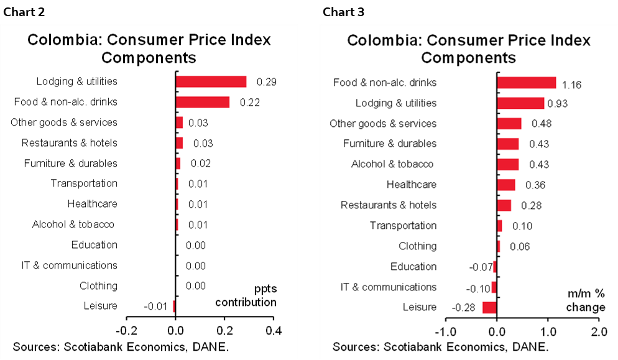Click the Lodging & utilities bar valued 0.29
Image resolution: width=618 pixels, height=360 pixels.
click(x=211, y=81)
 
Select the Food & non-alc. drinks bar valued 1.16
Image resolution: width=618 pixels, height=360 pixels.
click(x=526, y=83)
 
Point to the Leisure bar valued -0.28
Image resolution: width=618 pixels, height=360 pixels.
click(x=489, y=307)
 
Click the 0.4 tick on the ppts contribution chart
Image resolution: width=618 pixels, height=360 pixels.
click(x=273, y=330)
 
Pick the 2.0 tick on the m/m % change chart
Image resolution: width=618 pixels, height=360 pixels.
click(x=598, y=330)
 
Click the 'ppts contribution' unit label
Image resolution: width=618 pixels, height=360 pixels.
click(x=246, y=296)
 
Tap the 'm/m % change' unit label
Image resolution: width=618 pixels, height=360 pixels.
click(x=585, y=300)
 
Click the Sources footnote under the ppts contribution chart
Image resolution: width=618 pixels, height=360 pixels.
click(x=120, y=346)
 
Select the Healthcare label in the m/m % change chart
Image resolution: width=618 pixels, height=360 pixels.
click(x=411, y=185)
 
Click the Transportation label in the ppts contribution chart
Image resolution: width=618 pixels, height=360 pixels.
click(x=84, y=183)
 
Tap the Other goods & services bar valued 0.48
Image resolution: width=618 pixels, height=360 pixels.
click(x=509, y=123)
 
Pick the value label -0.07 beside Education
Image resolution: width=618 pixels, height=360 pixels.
click(x=479, y=267)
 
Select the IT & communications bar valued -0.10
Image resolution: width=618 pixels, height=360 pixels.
click(x=494, y=287)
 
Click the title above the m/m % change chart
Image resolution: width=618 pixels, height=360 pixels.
click(x=468, y=49)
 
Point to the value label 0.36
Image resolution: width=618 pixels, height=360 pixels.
click(x=535, y=185)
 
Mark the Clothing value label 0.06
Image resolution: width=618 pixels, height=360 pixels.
click(x=519, y=247)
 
